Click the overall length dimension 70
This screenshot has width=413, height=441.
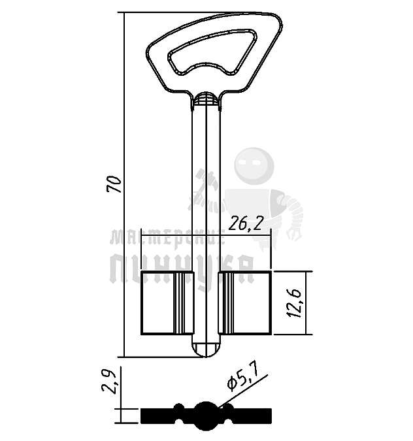point(115,185)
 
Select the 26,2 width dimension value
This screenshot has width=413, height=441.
point(246,224)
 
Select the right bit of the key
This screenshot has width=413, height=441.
point(244,303)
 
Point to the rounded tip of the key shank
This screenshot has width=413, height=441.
point(206,349)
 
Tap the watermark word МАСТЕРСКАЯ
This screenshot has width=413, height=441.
point(167,237)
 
